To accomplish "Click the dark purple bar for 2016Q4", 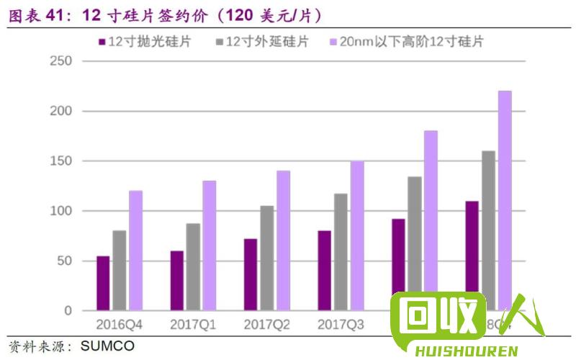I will point(103,283).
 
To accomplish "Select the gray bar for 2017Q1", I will point(193,266).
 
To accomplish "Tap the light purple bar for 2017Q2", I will point(283,240).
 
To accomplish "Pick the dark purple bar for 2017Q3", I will point(324,270).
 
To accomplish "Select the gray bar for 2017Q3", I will point(341,252).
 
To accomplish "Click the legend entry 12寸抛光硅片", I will point(144,42).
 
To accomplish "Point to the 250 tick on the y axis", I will point(62,61).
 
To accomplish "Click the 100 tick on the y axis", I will point(62,211).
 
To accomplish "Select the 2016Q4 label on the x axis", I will point(120,325).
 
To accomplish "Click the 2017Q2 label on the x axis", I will point(266,325).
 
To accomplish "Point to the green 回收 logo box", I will point(438,316).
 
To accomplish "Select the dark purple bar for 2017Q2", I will point(251,274).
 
